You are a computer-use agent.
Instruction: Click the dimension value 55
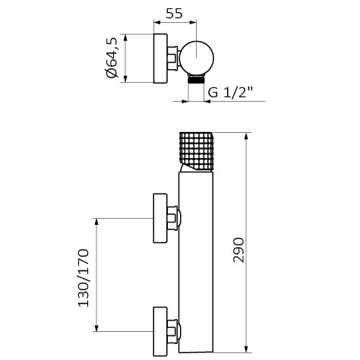(174, 14)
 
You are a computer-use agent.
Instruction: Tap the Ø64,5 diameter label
(112, 58)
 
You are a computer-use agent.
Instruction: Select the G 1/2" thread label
(231, 92)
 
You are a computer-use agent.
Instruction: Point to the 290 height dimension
(238, 250)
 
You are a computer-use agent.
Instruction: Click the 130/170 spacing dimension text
(84, 278)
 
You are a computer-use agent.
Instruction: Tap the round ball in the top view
(197, 58)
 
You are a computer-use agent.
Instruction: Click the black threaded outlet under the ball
(196, 80)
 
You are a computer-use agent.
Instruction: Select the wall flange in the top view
(160, 58)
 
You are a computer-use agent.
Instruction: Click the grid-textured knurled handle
(196, 151)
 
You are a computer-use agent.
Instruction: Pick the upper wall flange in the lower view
(160, 218)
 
